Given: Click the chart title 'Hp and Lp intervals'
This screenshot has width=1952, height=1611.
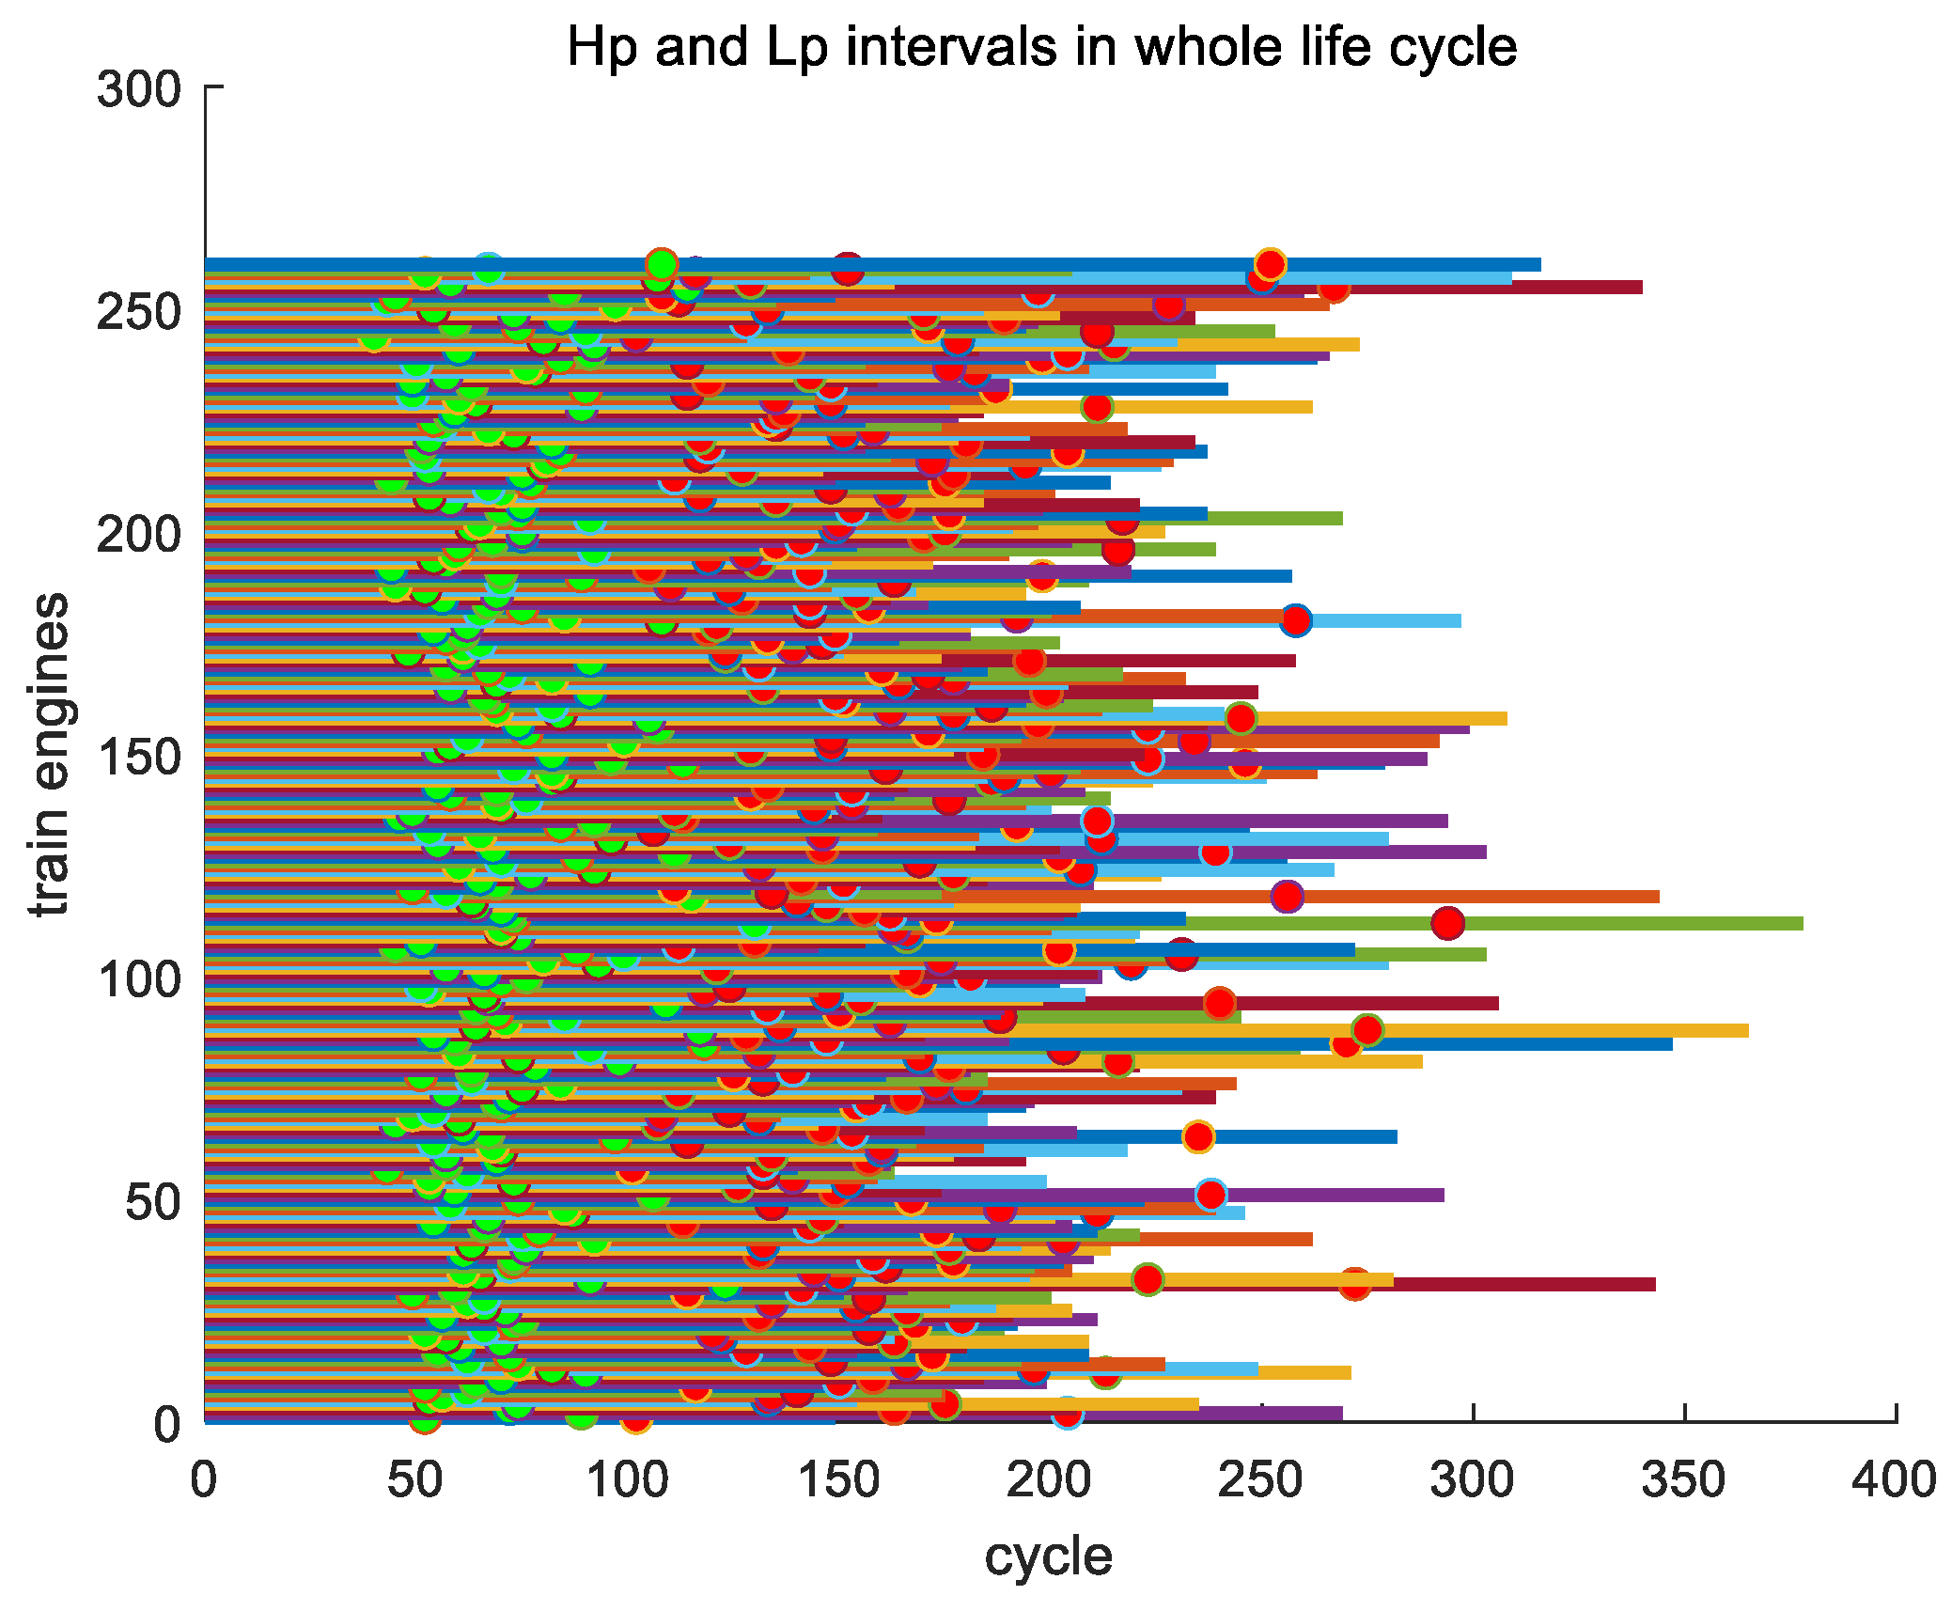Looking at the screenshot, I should coord(1041,47).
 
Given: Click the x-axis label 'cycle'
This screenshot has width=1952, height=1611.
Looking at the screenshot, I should coord(1048,1556).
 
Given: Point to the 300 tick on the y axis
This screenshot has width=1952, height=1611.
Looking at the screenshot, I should coord(139,89).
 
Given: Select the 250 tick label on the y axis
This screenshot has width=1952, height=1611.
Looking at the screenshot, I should coord(139,311).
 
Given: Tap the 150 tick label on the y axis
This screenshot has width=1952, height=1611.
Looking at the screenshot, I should coord(139,757).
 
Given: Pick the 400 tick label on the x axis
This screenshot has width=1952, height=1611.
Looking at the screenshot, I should coord(1894,1479).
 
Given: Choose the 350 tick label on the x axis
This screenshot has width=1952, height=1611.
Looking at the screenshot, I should coord(1683,1479).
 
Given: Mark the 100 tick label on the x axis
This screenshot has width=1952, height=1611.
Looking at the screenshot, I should coord(627,1479).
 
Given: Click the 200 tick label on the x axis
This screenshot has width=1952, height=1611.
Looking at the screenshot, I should coord(1049,1479).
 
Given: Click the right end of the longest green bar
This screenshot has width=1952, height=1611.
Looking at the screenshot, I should coord(1802,923).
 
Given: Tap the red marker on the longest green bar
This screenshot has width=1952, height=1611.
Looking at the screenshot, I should coord(1447,923).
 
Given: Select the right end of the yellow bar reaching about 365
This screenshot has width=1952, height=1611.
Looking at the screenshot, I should coord(1747,1030).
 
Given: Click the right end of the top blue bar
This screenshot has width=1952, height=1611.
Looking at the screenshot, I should coord(1539,264).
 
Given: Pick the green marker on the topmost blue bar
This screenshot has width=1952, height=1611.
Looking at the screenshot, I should coord(662,263).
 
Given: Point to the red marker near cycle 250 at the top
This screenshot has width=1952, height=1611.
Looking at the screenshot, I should coord(1270,264).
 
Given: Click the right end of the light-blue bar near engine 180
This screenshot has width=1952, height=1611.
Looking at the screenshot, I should coord(1460,620).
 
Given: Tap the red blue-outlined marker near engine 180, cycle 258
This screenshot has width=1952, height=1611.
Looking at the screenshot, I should coord(1295,620).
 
